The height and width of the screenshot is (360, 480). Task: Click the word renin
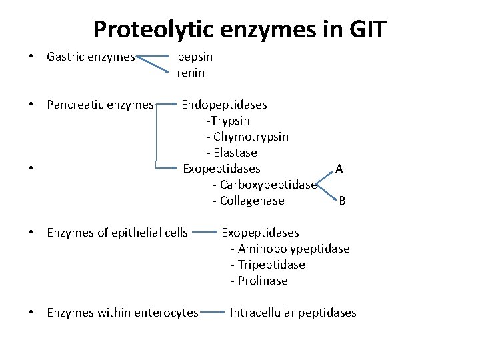(191, 72)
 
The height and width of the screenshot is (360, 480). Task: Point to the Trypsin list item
(229, 121)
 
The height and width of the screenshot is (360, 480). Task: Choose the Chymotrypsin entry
(248, 137)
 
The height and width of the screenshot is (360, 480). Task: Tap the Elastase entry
(232, 153)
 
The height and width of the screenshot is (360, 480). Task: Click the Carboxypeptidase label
(265, 185)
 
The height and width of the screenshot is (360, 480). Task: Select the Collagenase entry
(249, 201)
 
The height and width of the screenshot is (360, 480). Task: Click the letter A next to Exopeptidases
(339, 169)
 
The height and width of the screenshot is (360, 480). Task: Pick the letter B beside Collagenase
(342, 201)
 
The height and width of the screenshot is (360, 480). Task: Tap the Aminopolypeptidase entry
(290, 249)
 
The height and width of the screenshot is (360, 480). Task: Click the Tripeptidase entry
(267, 265)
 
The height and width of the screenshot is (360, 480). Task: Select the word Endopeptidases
(225, 105)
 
